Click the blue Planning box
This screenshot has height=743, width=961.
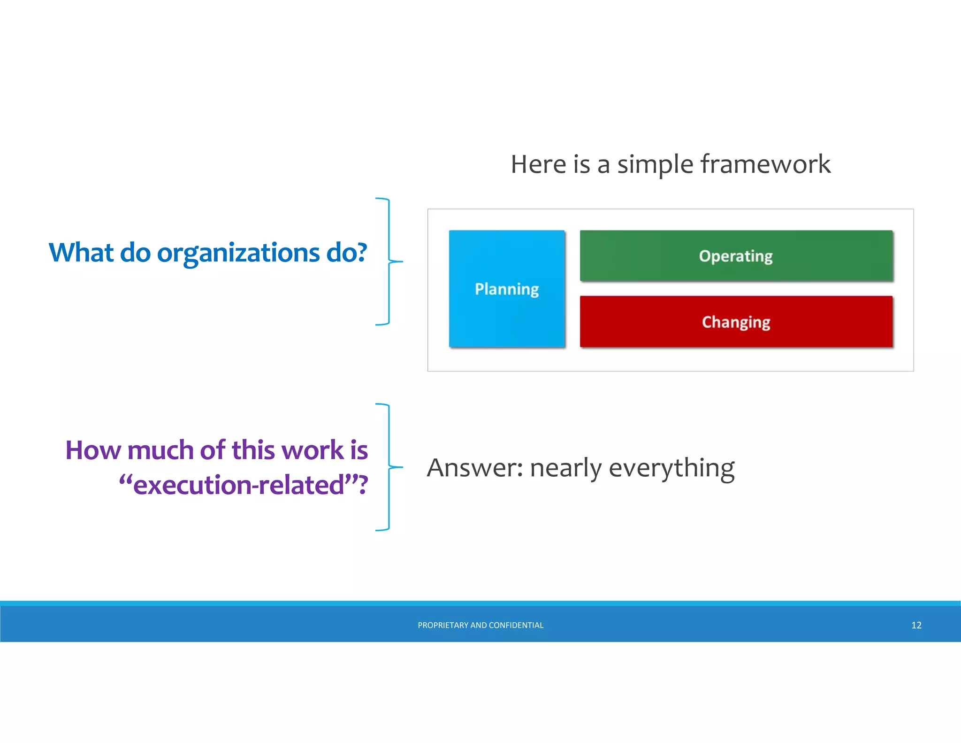click(x=507, y=288)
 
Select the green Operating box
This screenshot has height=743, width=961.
click(x=736, y=256)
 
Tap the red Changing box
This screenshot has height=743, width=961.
click(x=736, y=322)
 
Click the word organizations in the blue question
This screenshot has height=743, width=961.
click(x=238, y=254)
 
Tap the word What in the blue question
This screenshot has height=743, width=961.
click(x=81, y=253)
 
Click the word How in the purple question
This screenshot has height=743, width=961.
click(x=93, y=450)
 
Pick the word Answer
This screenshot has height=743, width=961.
click(x=474, y=468)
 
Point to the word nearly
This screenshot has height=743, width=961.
click(x=565, y=469)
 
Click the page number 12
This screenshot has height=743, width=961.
click(x=916, y=625)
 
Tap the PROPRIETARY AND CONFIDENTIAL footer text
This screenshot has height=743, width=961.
click(x=480, y=625)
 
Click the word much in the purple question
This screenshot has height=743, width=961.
click(x=160, y=450)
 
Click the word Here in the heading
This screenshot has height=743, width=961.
click(x=539, y=164)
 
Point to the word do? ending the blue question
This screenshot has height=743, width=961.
click(x=346, y=253)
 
